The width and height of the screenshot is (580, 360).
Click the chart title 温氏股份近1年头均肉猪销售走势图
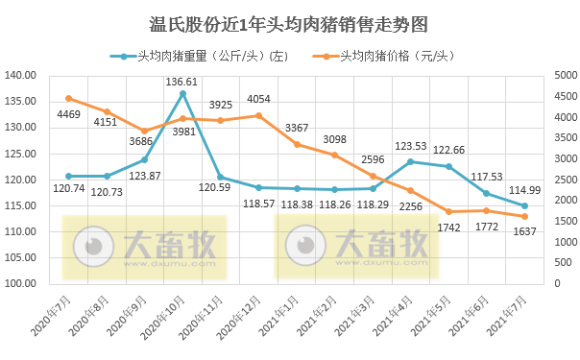tap(289, 23)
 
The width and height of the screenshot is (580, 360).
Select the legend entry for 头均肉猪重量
tap(206, 56)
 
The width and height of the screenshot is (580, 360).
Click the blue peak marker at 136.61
tap(182, 93)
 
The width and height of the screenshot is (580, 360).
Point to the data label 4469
tap(68, 115)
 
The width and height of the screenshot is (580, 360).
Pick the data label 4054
tap(258, 100)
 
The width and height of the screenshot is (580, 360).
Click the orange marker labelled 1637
tap(524, 216)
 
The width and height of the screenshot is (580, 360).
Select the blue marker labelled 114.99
tap(524, 205)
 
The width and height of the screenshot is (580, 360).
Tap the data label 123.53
tap(410, 146)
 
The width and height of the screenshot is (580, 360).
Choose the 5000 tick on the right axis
tap(566, 75)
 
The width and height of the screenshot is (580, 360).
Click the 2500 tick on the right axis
tap(566, 180)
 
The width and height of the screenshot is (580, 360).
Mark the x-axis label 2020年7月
tap(53, 314)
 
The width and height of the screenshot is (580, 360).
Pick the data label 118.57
tap(258, 204)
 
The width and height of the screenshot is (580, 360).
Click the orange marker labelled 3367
tap(297, 144)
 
